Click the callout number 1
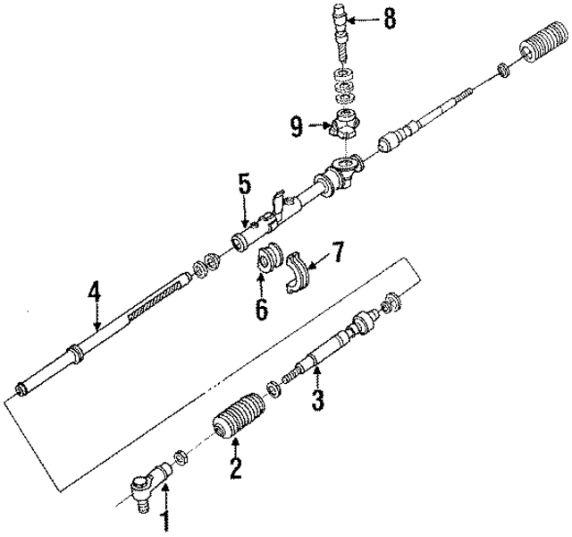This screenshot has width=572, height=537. tap(164, 522)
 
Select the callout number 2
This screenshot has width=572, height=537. tap(235, 468)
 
